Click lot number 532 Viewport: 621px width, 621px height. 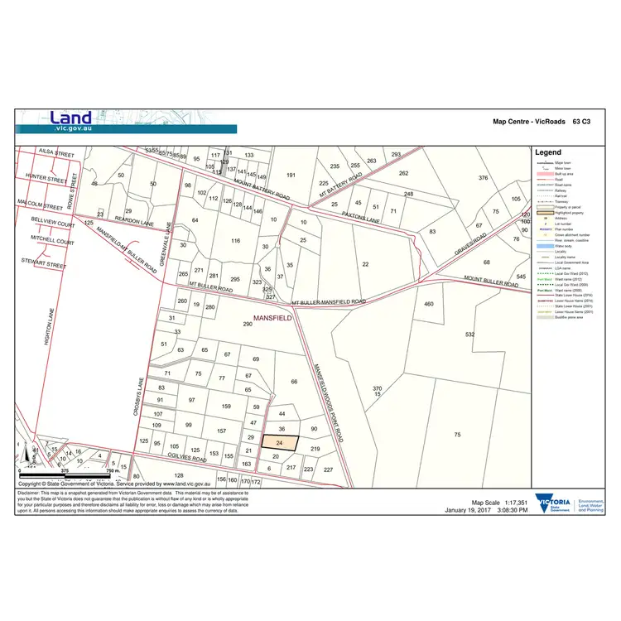[x=470, y=335]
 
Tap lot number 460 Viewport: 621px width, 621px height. [x=429, y=305]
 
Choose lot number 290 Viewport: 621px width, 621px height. [x=247, y=324]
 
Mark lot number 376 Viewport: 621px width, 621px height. [x=484, y=178]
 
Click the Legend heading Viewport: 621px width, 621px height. [x=547, y=152]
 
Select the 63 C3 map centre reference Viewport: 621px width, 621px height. [x=581, y=122]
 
